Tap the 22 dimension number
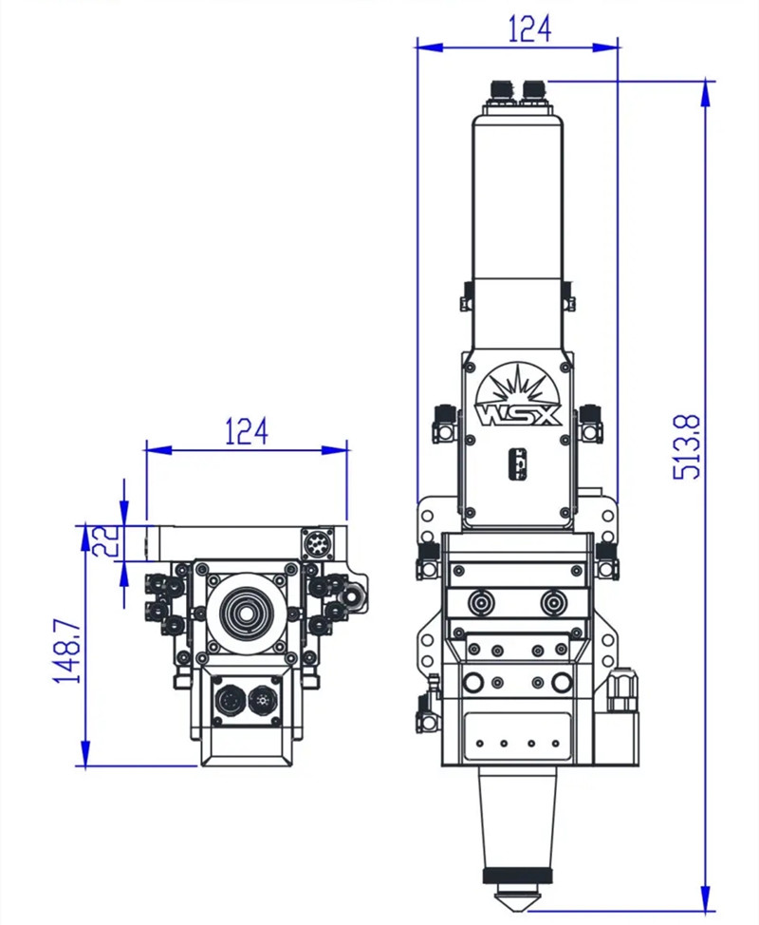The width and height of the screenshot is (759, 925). (x=107, y=542)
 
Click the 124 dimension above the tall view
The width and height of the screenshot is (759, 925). (x=529, y=28)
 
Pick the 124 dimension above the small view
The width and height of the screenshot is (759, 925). (x=246, y=432)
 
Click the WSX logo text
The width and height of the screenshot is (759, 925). (x=519, y=417)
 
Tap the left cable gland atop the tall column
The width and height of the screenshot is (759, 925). (x=499, y=90)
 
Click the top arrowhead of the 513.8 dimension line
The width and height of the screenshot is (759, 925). (x=705, y=88)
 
